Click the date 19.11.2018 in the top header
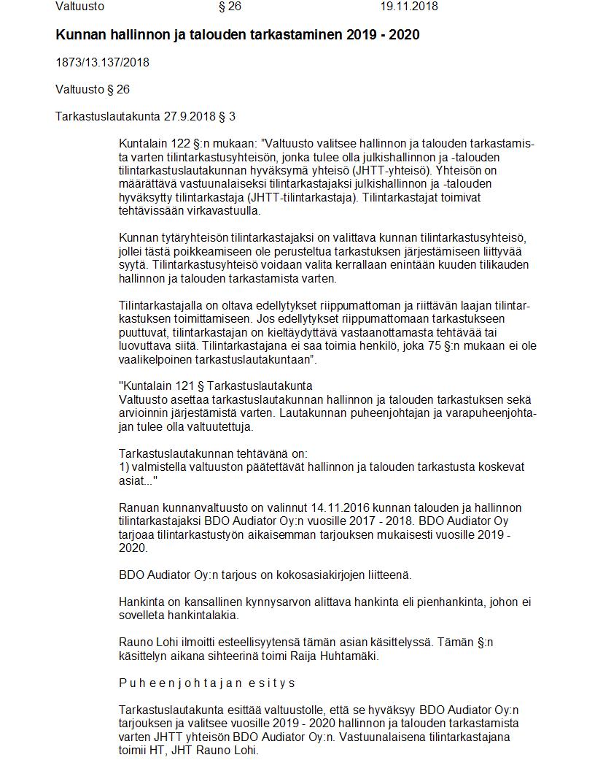[408, 7]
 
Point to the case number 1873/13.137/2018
[102, 63]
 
